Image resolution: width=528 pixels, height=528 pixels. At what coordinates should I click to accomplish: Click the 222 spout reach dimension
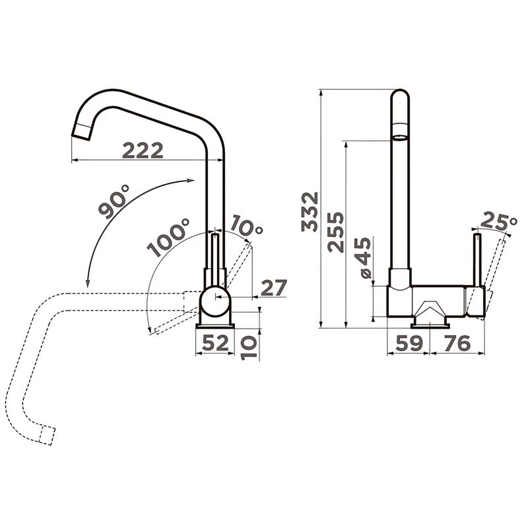tap(143, 150)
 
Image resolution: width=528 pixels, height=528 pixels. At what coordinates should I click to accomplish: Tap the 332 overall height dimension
tap(310, 212)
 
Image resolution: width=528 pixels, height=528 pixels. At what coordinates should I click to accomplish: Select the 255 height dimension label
tap(335, 232)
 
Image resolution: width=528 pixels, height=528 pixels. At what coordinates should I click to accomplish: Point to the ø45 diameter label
tap(363, 258)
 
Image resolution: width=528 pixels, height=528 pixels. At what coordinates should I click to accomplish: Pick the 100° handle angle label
tap(169, 237)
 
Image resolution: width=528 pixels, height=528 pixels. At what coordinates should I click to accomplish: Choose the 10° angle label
tap(247, 225)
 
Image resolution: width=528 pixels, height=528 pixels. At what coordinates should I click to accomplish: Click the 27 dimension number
tap(274, 288)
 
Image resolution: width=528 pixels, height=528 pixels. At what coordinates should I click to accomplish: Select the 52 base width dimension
tap(216, 343)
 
